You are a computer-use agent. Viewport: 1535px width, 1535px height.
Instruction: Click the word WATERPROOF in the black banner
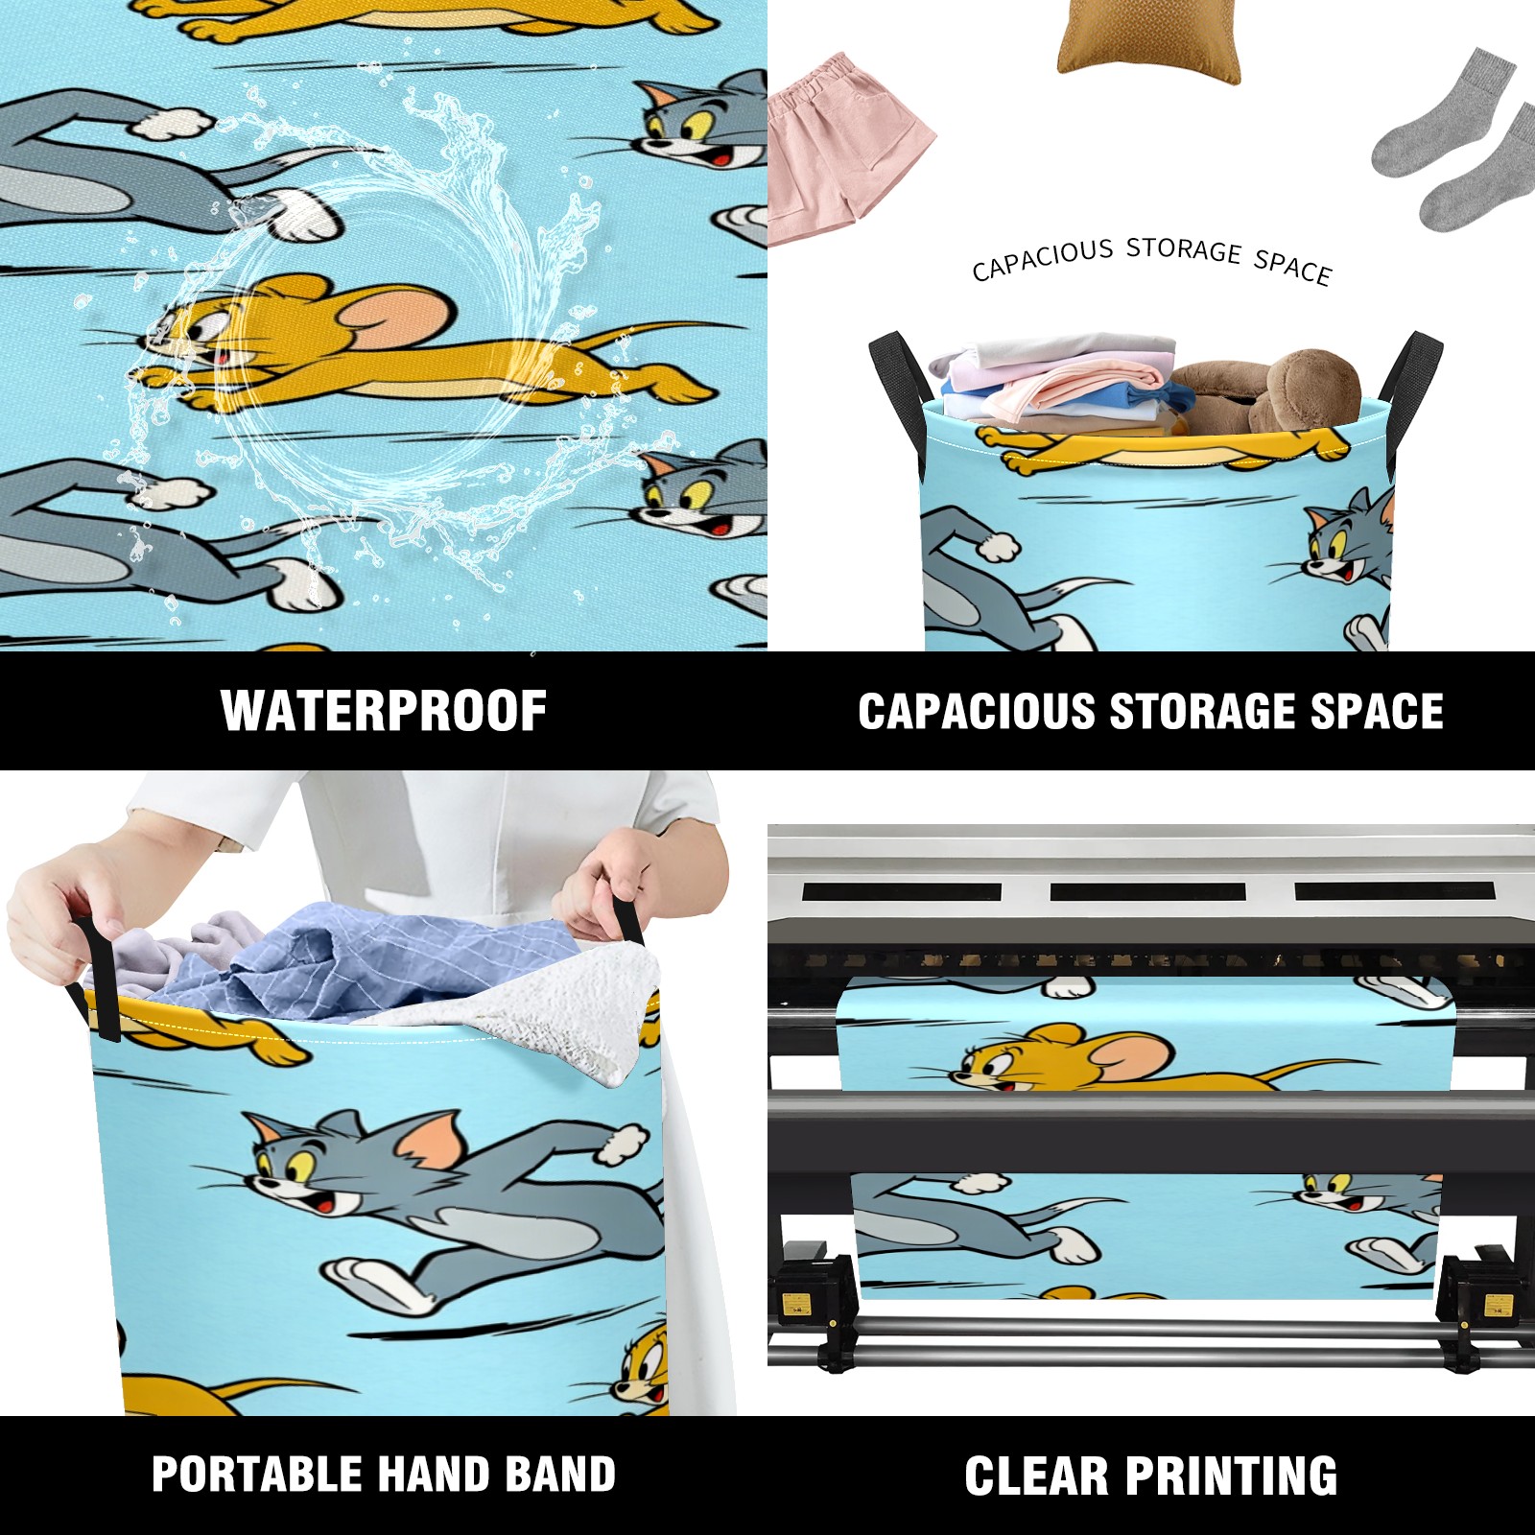[384, 711]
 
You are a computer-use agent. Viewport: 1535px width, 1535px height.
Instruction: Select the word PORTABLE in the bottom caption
[255, 1475]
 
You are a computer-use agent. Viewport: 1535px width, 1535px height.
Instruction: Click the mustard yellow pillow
[1148, 40]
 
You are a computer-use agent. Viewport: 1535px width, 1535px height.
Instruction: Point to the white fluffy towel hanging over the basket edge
[566, 1017]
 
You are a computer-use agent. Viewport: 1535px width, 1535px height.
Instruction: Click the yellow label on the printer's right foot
[1497, 1305]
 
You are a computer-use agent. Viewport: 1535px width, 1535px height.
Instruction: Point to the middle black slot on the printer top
[1147, 892]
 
